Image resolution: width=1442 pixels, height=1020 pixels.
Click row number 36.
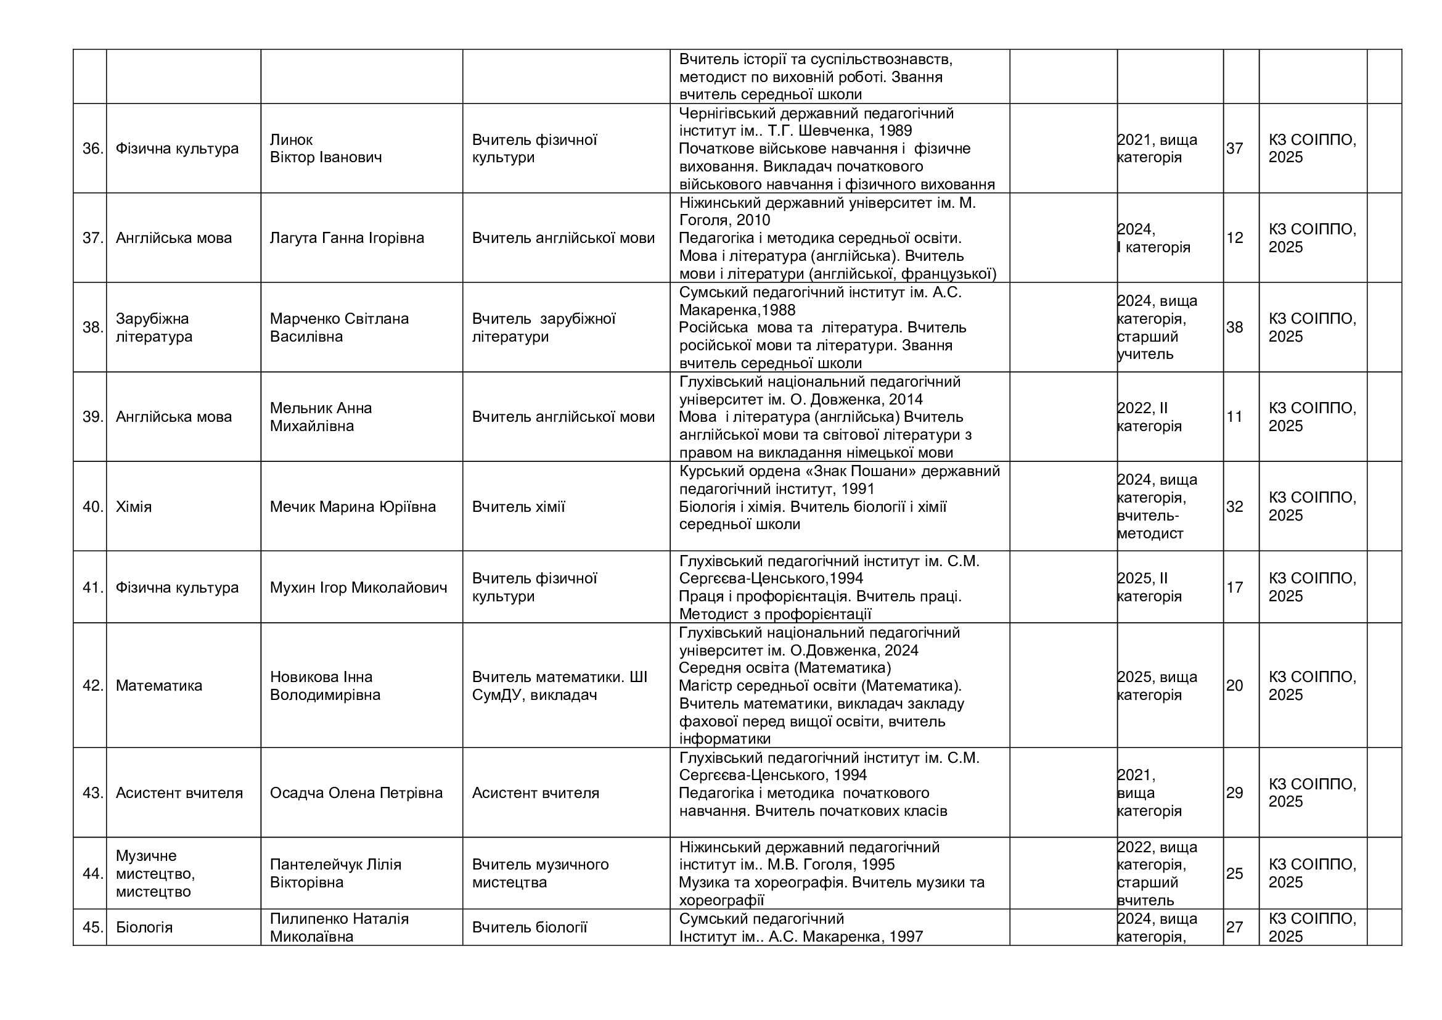92,149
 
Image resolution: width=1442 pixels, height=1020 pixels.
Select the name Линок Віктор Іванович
326,148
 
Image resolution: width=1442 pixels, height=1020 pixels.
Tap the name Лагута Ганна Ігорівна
346,238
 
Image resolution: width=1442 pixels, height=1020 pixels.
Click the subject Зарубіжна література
154,327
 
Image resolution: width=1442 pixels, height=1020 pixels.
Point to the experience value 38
1234,327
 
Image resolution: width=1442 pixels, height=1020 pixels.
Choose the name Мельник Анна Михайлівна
321,417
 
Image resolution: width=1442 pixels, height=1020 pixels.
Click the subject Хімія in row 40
134,507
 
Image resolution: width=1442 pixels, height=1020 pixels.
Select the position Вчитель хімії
518,507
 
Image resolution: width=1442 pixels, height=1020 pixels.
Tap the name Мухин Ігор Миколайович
358,588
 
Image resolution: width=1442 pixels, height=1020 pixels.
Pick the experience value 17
1234,588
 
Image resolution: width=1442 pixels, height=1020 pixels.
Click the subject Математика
159,686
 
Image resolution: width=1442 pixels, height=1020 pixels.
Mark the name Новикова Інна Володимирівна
325,686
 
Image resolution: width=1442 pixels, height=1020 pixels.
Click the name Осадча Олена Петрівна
356,793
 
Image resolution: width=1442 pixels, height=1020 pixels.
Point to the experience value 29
1234,793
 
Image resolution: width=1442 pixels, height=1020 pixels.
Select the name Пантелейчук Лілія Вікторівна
335,874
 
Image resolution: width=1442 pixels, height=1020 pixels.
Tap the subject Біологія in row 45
144,927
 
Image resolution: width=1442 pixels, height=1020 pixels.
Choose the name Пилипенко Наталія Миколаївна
339,927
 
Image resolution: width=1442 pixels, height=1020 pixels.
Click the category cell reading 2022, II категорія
1149,417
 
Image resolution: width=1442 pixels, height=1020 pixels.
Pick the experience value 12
1234,238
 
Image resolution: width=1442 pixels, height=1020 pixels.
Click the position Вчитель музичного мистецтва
540,874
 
